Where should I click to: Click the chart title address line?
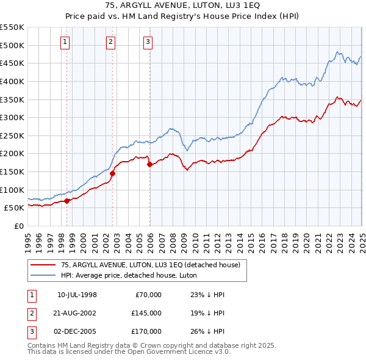click(x=182, y=6)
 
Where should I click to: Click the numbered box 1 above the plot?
click(x=65, y=42)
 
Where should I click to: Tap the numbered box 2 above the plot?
click(x=110, y=42)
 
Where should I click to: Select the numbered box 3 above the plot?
click(x=148, y=42)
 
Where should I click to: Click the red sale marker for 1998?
click(x=67, y=201)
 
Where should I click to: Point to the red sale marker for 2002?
click(x=113, y=173)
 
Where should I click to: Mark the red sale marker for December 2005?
click(x=150, y=164)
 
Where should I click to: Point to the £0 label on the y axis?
click(x=19, y=226)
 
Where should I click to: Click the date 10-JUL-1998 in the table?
click(x=77, y=295)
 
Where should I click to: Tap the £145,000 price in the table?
click(x=146, y=313)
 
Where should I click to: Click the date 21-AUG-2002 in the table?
click(x=77, y=313)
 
